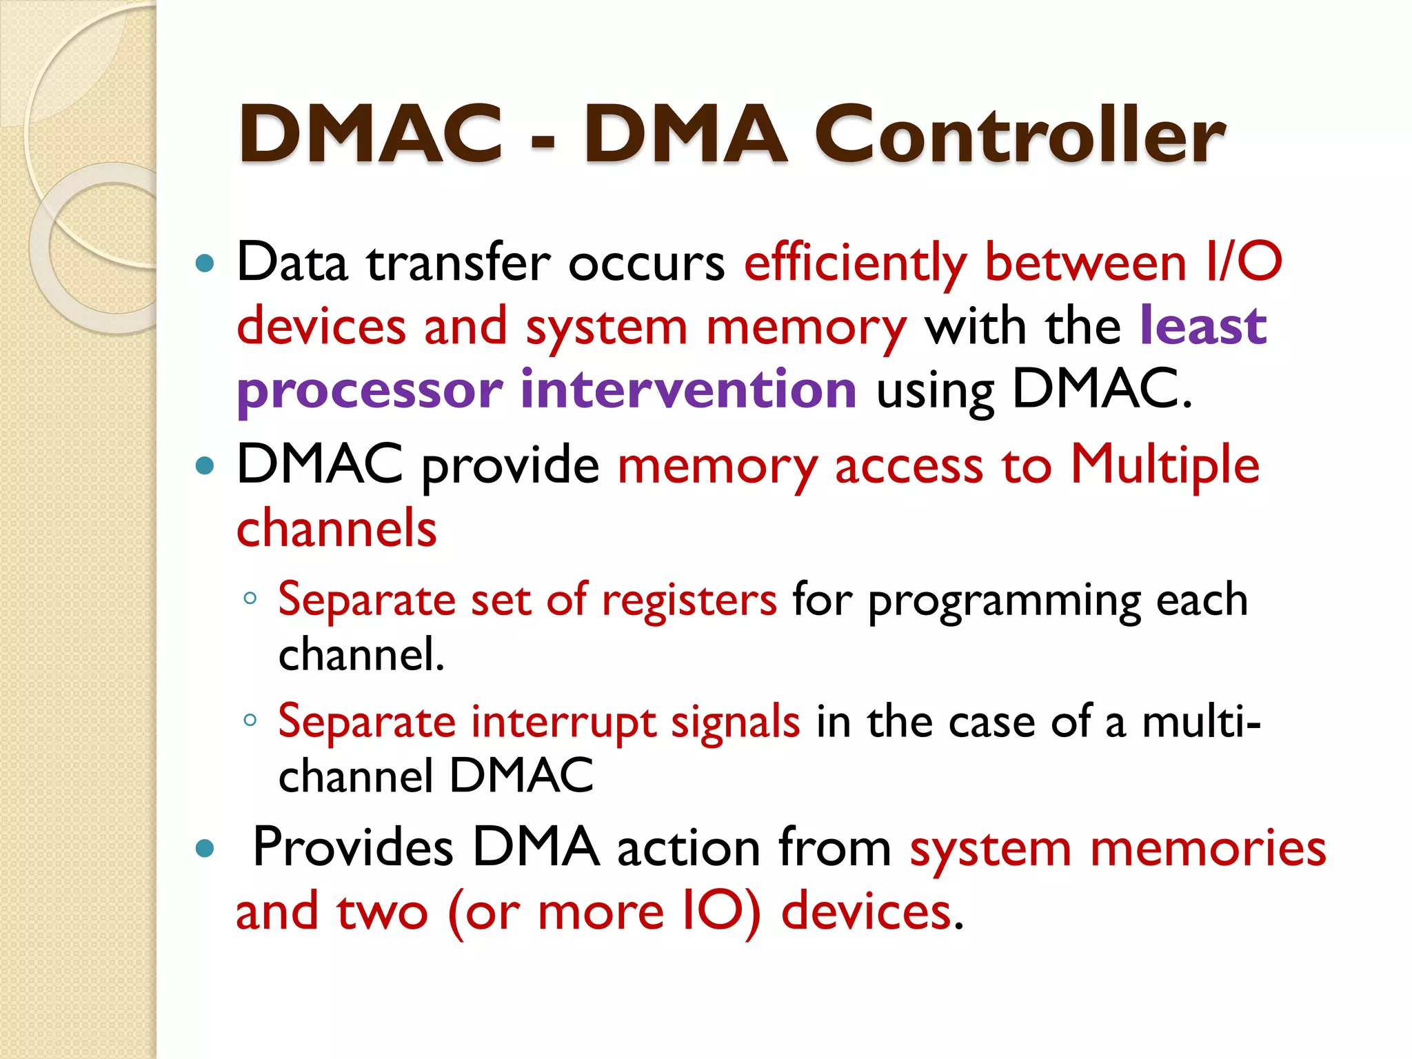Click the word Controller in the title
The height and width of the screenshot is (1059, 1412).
pos(1019,134)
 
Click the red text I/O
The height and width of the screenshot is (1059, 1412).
pos(1244,262)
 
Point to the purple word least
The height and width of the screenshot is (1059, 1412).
pos(1203,325)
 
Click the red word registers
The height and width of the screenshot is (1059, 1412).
pos(689,601)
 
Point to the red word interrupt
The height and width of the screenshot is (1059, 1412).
pos(563,723)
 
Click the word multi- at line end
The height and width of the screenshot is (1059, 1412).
pos(1201,722)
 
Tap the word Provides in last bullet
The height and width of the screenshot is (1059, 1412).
pos(353,847)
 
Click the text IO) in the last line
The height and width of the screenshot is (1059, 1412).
pos(720,911)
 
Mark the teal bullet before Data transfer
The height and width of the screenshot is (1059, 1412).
pos(205,263)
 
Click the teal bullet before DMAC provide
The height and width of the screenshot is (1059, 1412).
pos(205,465)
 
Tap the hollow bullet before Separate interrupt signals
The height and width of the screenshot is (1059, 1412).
pos(250,720)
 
